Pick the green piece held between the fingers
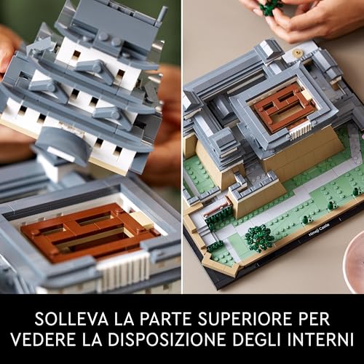point(271,7)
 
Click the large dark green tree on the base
point(259,237)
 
